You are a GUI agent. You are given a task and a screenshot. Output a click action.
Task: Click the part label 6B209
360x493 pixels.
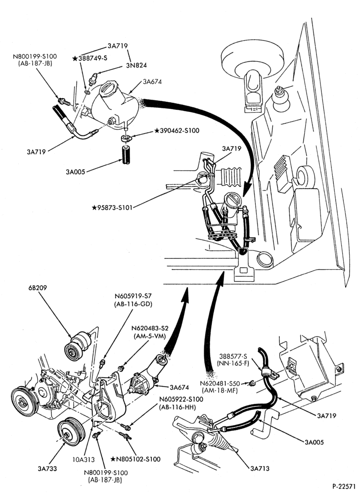tap(37, 288)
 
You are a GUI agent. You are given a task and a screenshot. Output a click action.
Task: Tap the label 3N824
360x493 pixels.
tap(136, 65)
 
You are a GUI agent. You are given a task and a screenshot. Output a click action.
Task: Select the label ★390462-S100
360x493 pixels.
tap(177, 131)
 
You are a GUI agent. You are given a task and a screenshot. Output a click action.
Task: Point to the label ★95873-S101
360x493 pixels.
tap(112, 207)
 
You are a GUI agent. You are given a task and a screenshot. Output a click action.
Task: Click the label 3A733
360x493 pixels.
tap(47, 468)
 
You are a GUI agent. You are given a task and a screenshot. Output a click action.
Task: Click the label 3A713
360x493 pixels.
tap(260, 468)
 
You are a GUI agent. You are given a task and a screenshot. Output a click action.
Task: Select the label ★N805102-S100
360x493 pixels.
tap(135, 459)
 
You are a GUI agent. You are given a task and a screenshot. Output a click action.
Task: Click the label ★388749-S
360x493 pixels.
tap(90, 58)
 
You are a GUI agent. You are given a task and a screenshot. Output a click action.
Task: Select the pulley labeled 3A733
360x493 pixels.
tap(70, 432)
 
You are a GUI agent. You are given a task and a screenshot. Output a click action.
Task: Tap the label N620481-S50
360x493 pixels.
tap(220, 384)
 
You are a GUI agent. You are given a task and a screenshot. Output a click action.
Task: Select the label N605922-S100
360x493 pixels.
tap(181, 399)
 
